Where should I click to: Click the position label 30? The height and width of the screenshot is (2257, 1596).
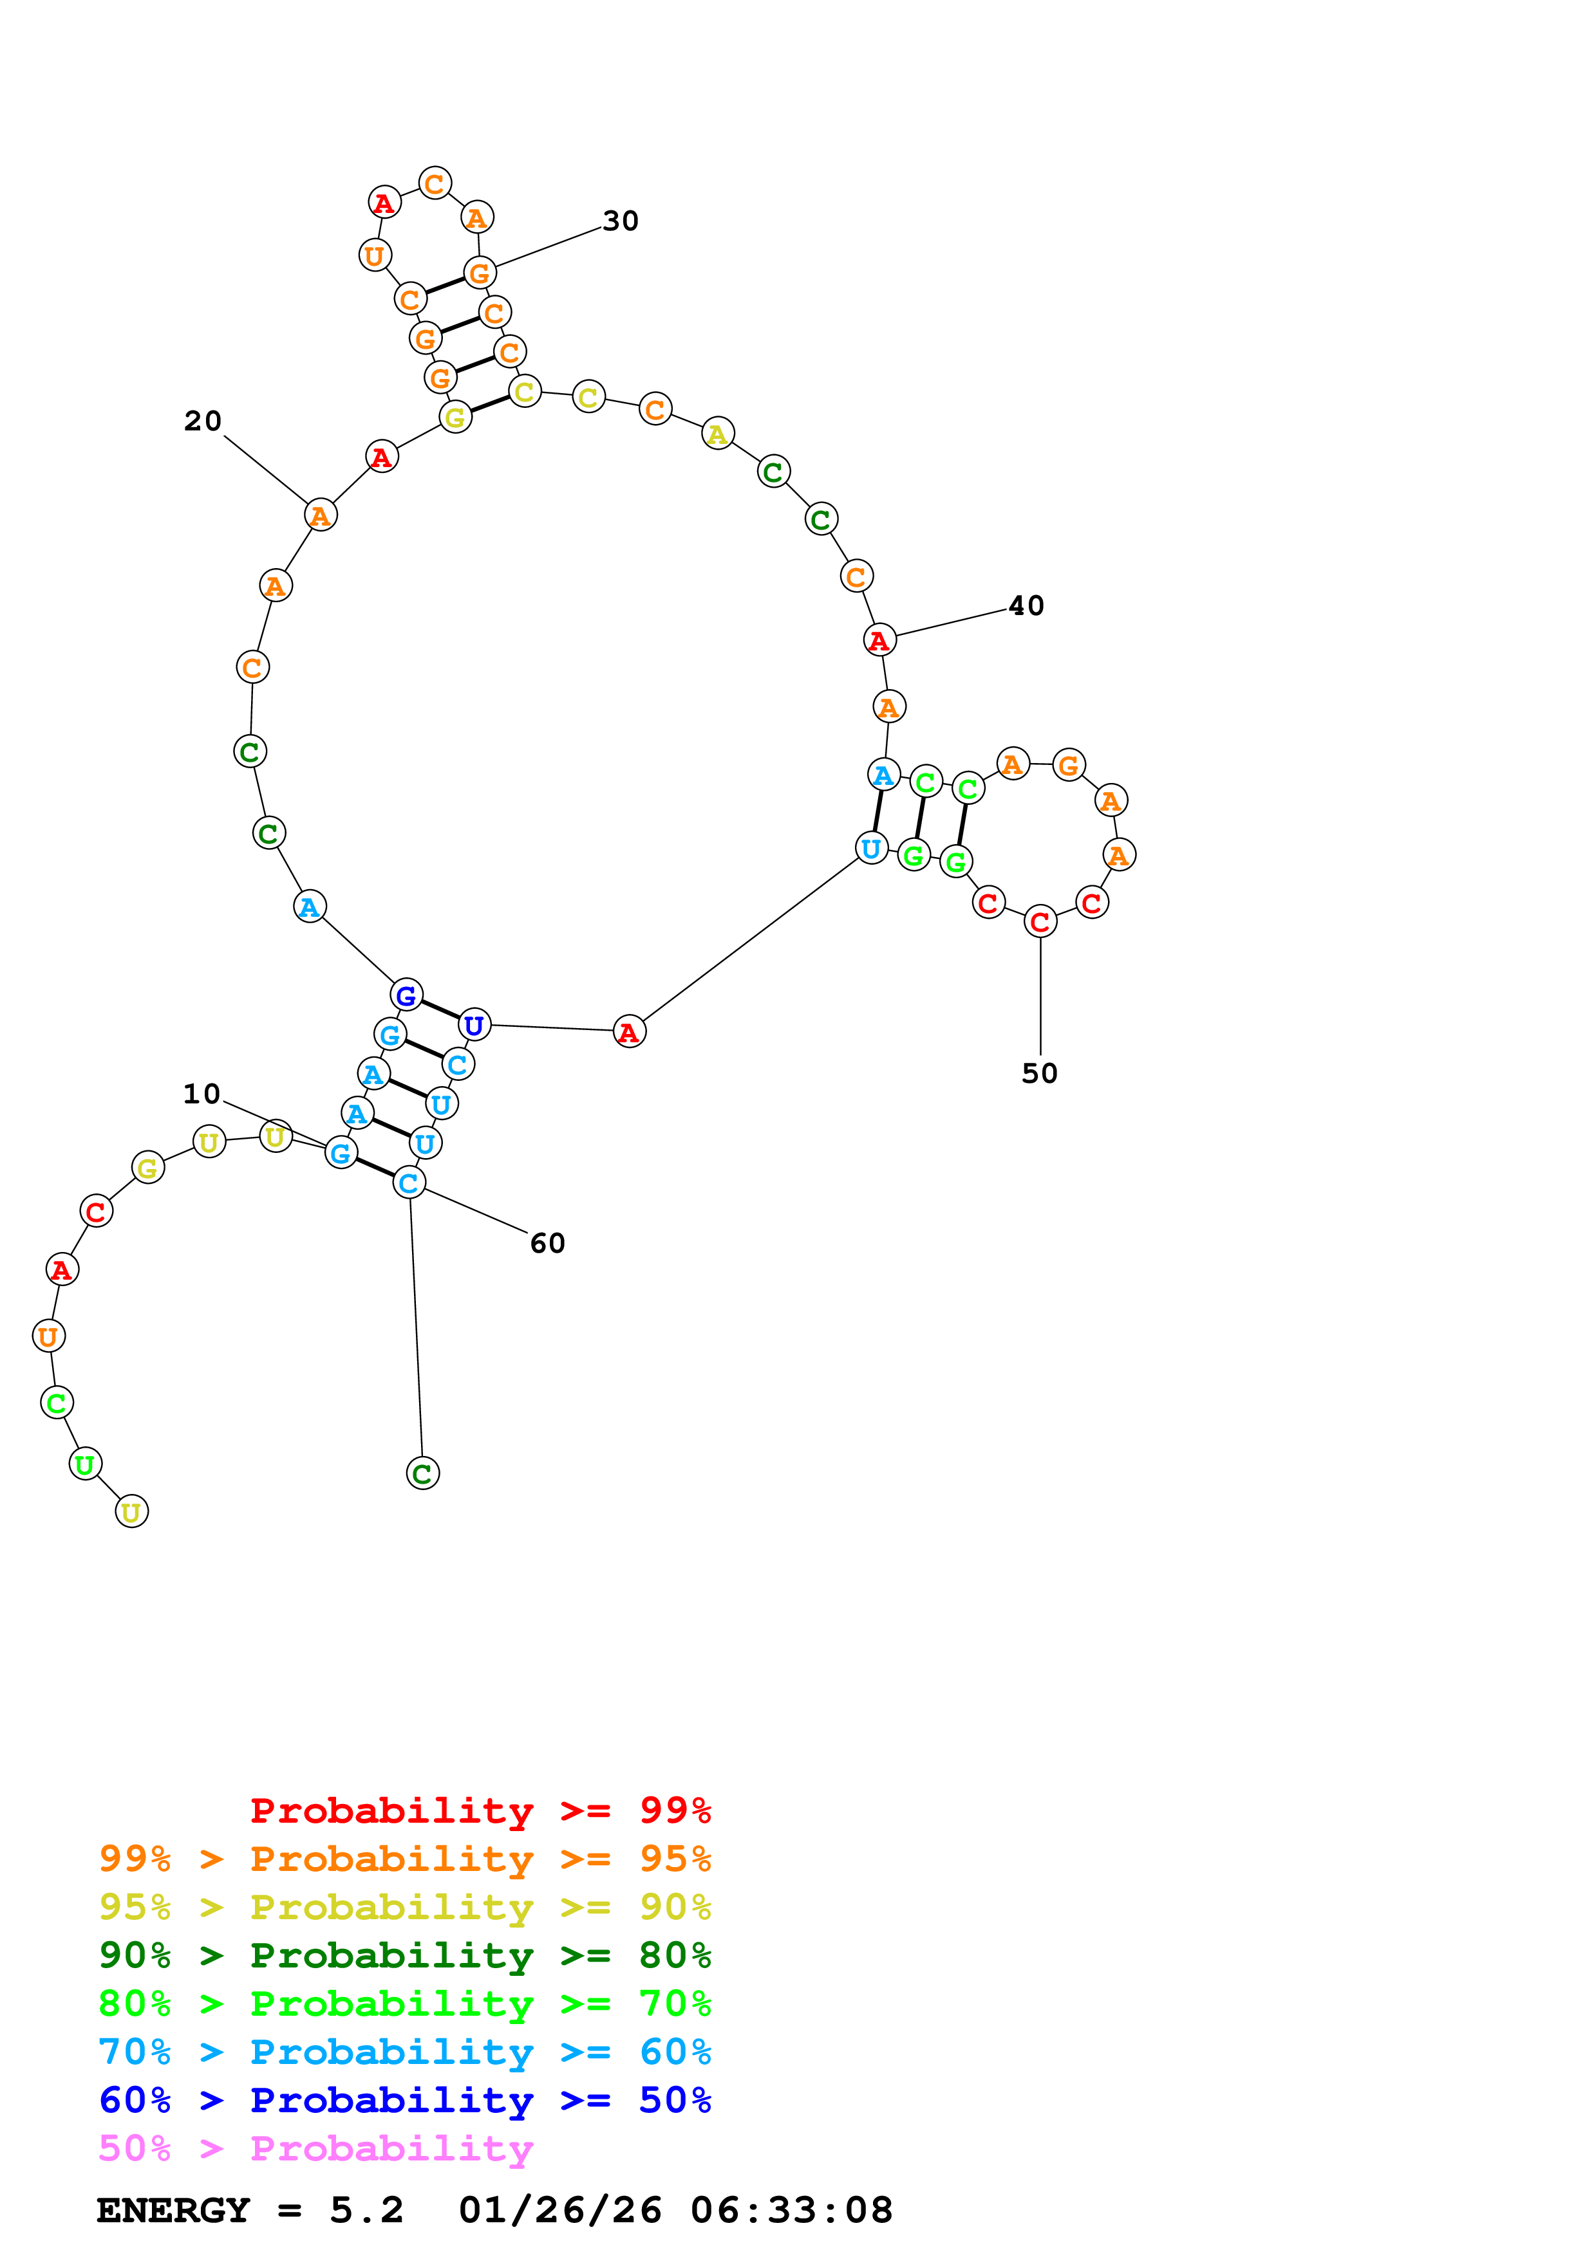621,221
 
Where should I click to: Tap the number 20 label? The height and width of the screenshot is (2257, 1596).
203,421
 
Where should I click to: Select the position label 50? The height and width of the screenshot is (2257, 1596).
1039,1073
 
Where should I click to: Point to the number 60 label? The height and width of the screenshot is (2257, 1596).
548,1244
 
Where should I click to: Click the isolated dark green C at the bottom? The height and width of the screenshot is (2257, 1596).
423,1473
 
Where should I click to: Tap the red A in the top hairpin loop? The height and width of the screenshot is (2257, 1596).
384,203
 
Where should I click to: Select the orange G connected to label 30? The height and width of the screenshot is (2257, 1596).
479,273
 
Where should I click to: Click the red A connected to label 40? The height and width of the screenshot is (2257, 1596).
879,640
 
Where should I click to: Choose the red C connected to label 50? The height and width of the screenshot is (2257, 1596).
1040,922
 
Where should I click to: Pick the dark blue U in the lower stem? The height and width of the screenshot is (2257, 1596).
474,1026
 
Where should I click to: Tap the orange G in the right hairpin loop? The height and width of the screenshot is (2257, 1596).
1069,765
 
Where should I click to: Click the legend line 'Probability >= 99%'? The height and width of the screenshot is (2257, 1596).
481,1810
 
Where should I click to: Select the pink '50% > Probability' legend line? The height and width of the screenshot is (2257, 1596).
315,2149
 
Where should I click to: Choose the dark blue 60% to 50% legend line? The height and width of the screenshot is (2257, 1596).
405,2101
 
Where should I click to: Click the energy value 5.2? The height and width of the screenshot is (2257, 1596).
366,2211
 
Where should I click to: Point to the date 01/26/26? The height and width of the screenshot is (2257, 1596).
561,2211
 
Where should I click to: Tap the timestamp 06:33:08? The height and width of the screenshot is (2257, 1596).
792,2211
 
